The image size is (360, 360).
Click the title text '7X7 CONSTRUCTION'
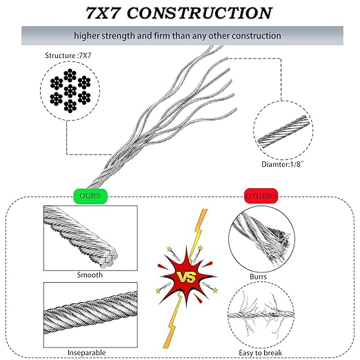click(x=179, y=12)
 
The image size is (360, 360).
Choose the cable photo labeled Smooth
click(x=81, y=238)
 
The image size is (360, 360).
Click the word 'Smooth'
click(x=90, y=275)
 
